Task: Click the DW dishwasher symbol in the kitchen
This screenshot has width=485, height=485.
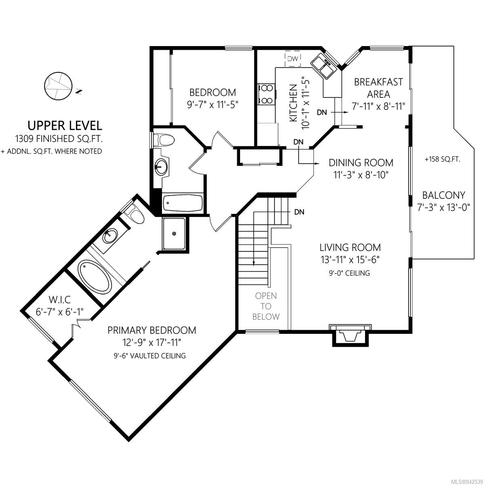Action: click(x=293, y=59)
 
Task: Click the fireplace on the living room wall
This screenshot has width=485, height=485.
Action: click(x=350, y=335)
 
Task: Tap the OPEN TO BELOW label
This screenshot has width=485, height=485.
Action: click(x=266, y=306)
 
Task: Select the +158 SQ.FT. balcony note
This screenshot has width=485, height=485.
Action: click(x=442, y=159)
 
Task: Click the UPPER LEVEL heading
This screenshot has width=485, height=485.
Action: click(x=65, y=125)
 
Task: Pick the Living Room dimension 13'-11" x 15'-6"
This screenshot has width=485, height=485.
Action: click(x=350, y=259)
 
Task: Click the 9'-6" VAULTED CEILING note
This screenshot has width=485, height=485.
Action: click(x=150, y=356)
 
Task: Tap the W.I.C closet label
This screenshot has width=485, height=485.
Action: click(x=60, y=299)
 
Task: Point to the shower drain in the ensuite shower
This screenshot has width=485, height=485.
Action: click(x=174, y=234)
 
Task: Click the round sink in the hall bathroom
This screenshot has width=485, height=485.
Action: click(x=160, y=167)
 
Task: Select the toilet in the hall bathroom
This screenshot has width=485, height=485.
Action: click(x=163, y=140)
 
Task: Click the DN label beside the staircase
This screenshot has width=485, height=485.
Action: click(x=299, y=212)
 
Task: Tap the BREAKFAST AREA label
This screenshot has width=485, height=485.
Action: click(x=378, y=88)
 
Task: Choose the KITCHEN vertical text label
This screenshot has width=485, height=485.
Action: click(x=293, y=103)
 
